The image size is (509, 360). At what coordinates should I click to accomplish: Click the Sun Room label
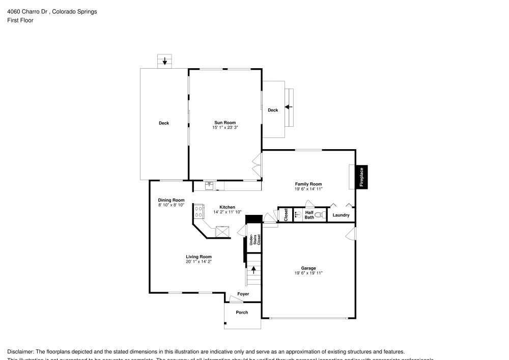tap(224, 123)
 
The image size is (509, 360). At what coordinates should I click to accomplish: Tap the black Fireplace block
tap(362, 177)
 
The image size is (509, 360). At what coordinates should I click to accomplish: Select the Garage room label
tap(308, 268)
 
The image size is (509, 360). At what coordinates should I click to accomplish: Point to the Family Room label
tap(308, 184)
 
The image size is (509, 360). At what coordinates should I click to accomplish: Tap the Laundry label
tap(341, 215)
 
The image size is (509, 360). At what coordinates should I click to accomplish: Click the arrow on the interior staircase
tap(253, 269)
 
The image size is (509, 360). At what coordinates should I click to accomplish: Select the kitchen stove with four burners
tap(199, 212)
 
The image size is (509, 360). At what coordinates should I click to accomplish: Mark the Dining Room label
tap(171, 200)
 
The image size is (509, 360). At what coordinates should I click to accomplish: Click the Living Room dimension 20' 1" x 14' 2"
tap(199, 262)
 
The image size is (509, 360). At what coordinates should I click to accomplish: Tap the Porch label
tap(242, 312)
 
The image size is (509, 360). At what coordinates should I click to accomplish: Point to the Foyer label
tap(243, 294)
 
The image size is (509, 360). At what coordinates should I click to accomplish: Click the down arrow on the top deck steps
tap(164, 61)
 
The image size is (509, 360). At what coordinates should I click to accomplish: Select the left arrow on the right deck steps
tap(288, 107)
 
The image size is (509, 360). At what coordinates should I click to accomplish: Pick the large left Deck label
tap(163, 123)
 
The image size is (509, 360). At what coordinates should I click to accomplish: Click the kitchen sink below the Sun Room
tap(209, 185)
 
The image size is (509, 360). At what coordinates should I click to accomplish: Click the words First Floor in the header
tap(20, 20)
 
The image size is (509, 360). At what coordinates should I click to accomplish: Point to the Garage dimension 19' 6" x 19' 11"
tap(308, 273)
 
